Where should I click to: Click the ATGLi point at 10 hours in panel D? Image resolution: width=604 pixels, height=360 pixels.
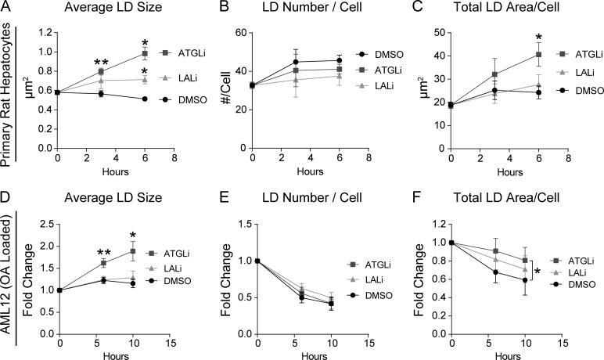click(132, 251)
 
